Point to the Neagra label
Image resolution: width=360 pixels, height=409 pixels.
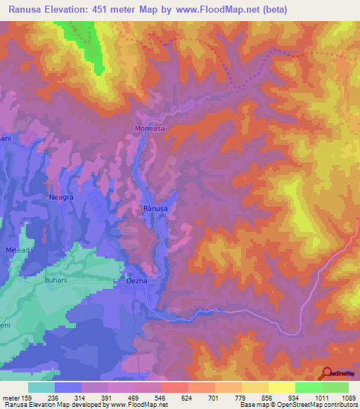61,197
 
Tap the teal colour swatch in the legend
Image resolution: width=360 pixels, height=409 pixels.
41,387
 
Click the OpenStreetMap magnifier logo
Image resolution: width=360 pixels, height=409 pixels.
326,373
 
